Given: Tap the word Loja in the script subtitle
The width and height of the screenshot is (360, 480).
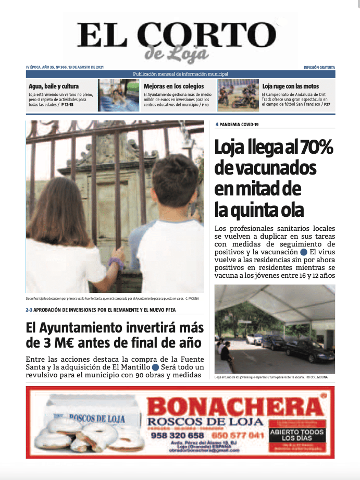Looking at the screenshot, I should (x=190, y=54).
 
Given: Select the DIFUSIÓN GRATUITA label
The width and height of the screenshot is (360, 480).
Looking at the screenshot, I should (x=319, y=68).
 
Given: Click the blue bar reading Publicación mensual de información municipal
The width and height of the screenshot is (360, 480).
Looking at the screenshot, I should (x=180, y=74).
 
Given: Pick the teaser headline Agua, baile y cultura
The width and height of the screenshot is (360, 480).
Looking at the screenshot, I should (x=54, y=86).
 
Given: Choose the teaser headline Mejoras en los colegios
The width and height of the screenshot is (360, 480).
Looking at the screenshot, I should (x=173, y=86).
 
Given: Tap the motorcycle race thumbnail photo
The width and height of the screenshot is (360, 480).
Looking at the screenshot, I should (x=238, y=95).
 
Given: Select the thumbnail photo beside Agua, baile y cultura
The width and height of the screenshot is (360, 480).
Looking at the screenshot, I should (x=119, y=95).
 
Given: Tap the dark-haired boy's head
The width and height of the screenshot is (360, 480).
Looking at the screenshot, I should (x=175, y=185).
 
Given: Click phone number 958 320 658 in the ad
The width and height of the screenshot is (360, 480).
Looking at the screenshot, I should (x=177, y=435).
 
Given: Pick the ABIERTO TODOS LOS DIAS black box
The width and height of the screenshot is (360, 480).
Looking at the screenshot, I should (x=297, y=435).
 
